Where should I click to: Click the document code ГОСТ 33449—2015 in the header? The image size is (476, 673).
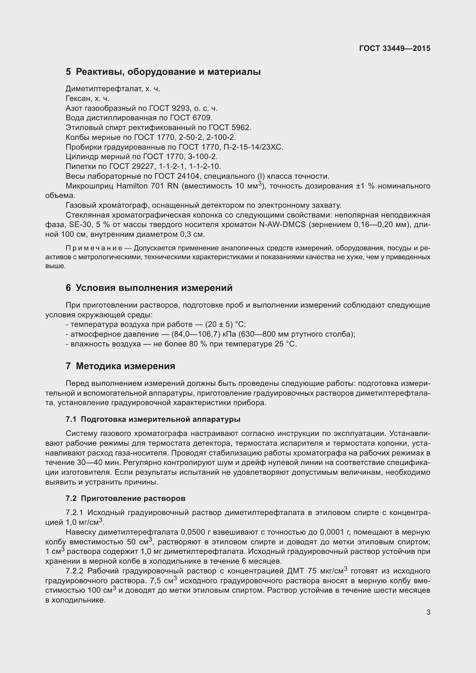tap(395, 48)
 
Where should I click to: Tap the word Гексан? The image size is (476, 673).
tap(78, 98)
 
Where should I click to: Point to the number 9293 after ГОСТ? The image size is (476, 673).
tap(180, 108)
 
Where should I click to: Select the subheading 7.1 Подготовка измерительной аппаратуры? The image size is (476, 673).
tap(153, 420)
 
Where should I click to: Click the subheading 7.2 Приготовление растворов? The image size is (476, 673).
tap(125, 499)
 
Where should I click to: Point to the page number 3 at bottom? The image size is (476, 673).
tap(428, 612)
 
